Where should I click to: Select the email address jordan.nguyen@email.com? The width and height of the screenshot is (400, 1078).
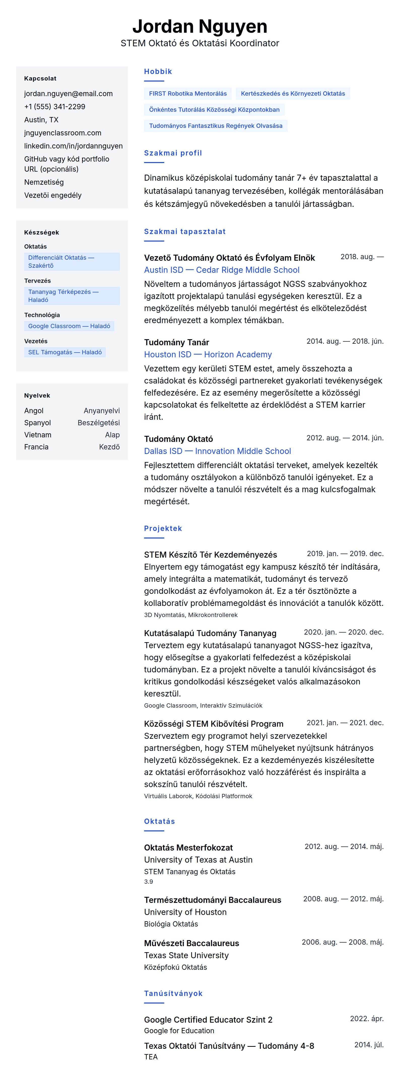68,94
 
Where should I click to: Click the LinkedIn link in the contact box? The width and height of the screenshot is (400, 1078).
73,146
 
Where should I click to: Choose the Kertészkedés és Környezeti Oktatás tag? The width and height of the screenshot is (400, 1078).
292,94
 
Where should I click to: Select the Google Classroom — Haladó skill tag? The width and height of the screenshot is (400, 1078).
69,326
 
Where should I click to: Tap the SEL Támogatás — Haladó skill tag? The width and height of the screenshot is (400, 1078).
65,352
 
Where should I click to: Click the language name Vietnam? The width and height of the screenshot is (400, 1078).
38,435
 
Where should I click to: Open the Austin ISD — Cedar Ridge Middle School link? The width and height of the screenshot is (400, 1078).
222,270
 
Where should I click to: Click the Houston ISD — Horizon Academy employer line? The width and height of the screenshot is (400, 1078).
208,355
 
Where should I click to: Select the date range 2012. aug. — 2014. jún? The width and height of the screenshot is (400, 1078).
345,438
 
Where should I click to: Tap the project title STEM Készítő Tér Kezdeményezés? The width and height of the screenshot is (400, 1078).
210,555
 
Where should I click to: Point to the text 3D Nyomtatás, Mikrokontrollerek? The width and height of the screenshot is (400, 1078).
191,615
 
